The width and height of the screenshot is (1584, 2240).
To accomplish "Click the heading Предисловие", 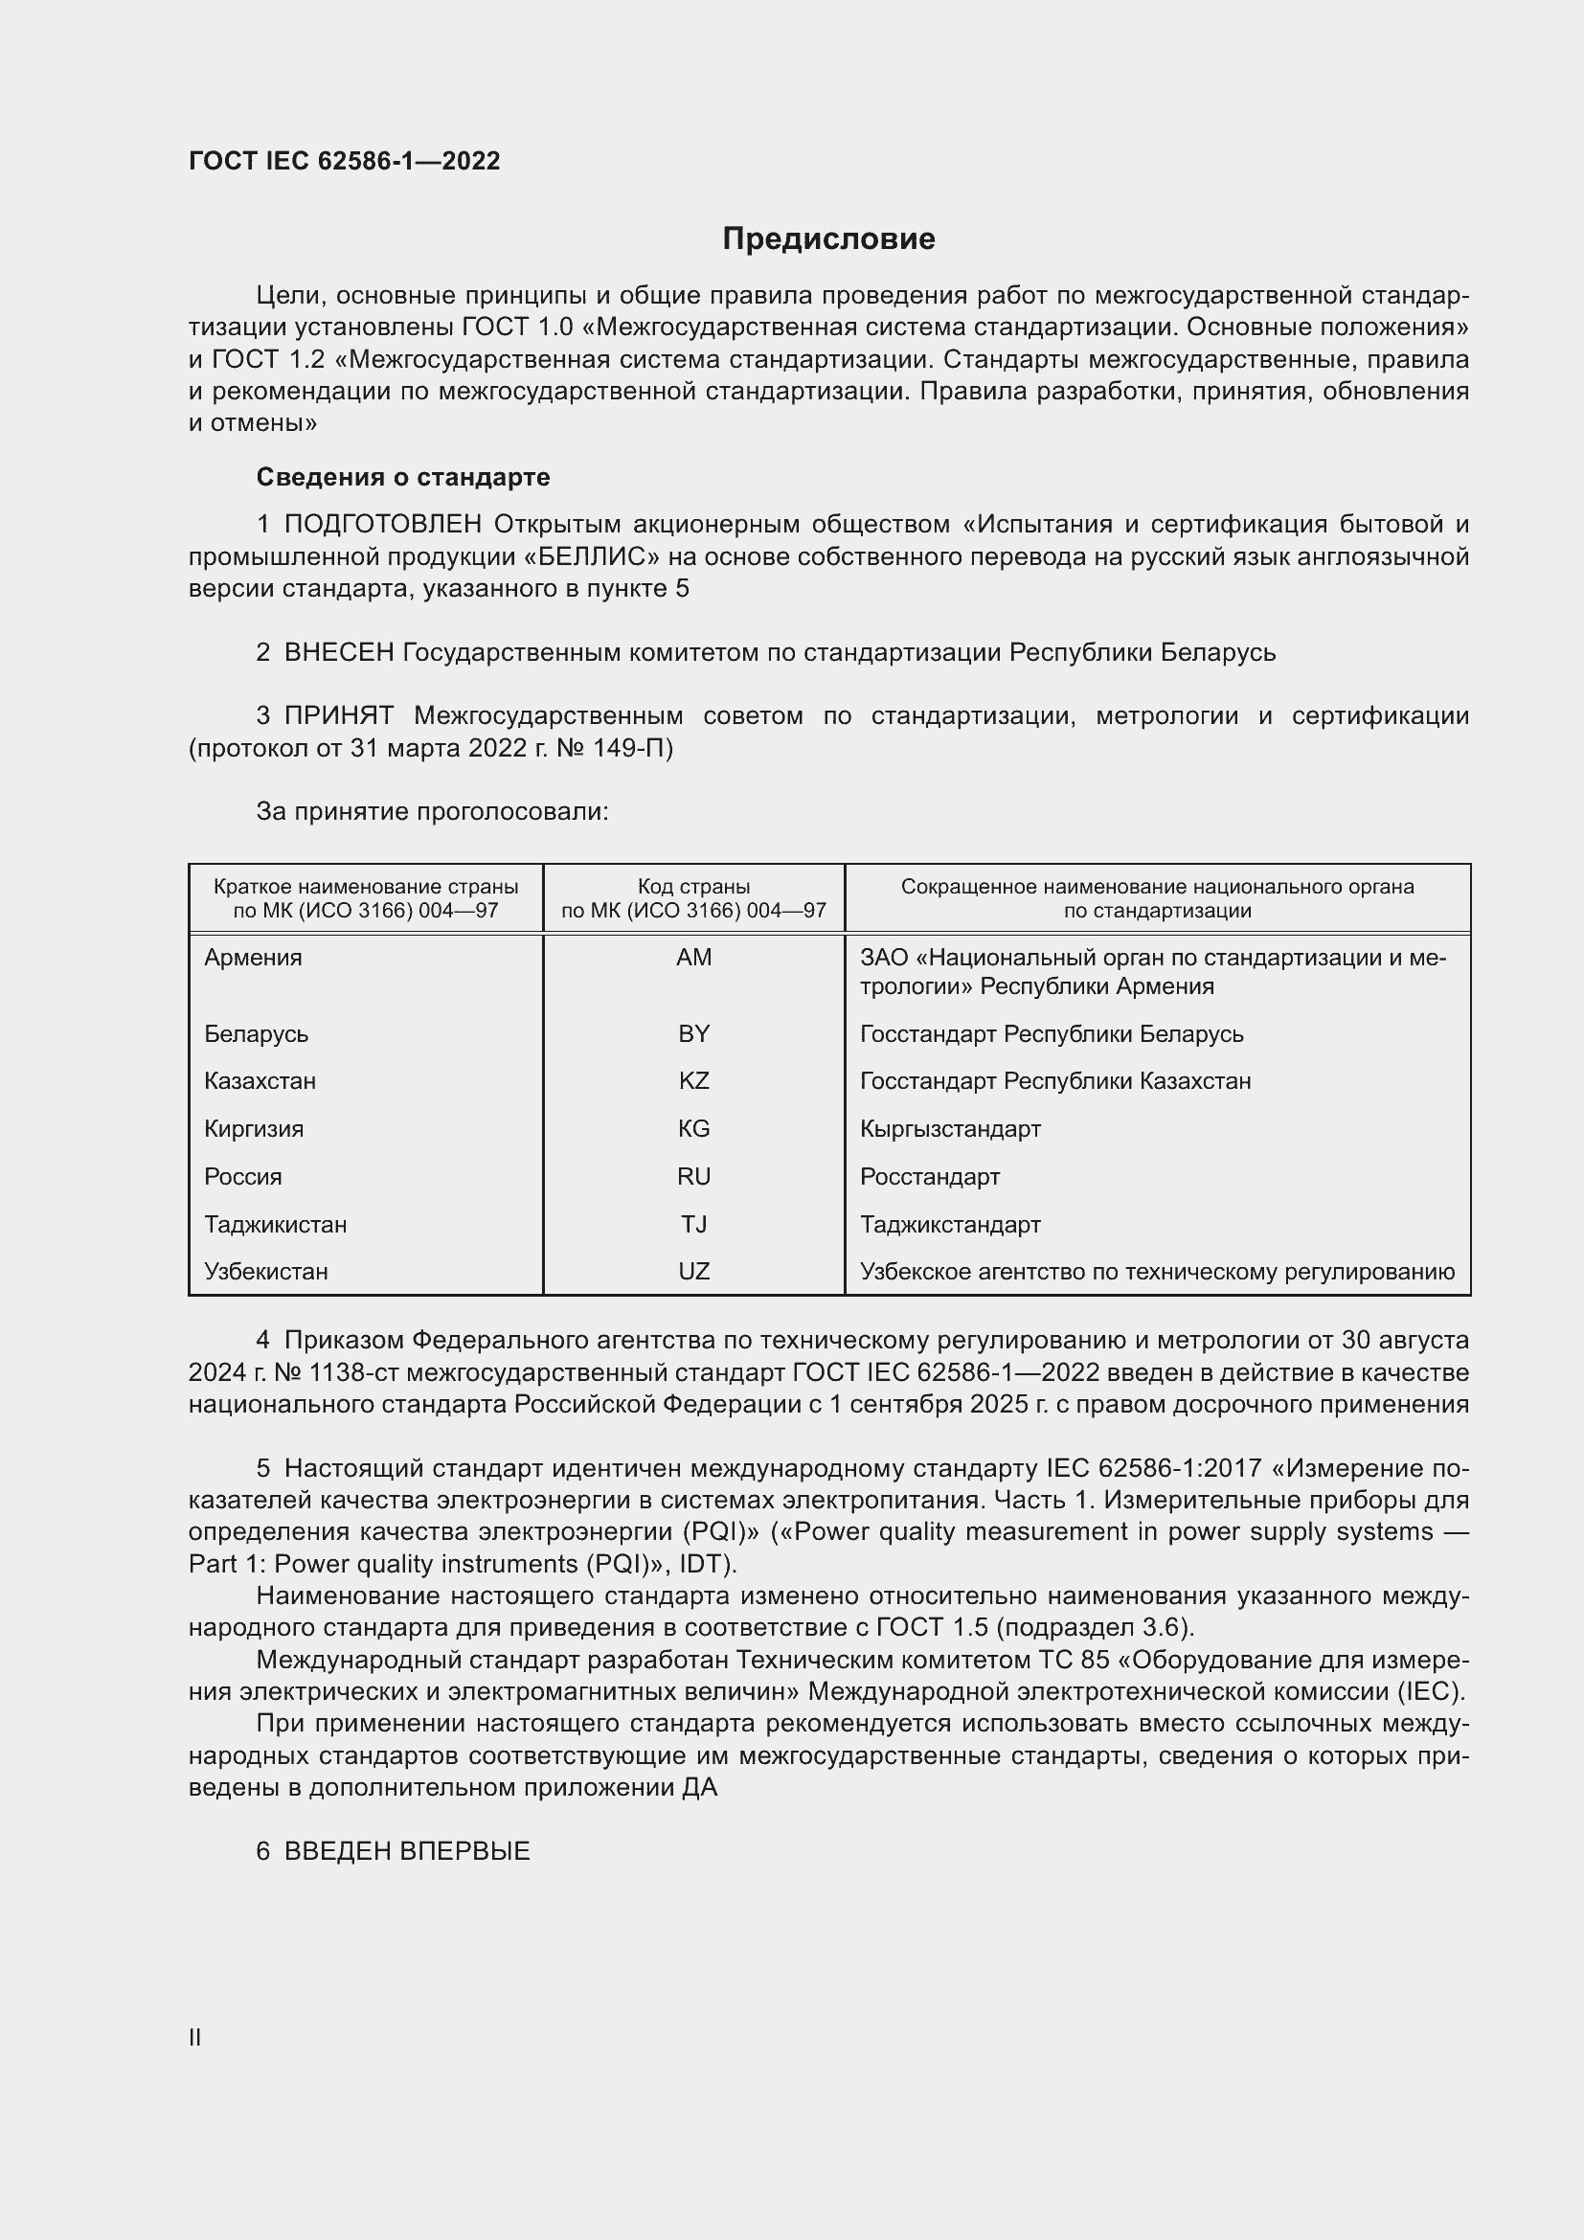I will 828,239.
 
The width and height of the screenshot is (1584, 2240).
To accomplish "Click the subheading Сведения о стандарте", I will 403,477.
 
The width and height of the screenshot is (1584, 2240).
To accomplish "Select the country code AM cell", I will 693,957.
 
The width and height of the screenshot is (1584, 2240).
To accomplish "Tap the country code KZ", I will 693,1081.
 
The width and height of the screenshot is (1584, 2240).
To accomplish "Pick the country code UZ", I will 693,1271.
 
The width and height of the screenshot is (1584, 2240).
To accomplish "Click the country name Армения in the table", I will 254,957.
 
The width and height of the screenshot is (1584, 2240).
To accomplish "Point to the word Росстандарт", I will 930,1177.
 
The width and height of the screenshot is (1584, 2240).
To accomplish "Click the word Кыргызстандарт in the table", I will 950,1129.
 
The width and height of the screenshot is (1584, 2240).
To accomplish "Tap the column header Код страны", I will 693,887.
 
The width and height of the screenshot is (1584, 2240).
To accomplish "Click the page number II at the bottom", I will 195,2037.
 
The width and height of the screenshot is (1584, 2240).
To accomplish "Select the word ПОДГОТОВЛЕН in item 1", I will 382,525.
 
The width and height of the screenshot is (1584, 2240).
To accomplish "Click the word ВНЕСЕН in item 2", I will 338,653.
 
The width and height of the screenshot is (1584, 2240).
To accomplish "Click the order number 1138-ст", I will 352,1372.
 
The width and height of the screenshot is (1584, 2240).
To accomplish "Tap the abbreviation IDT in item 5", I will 704,1564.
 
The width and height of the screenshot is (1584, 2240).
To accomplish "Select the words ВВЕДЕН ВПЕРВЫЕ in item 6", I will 407,1852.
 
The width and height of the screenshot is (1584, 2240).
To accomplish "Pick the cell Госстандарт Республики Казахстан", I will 1055,1081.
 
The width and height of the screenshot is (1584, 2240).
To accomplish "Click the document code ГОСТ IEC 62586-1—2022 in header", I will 345,161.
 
